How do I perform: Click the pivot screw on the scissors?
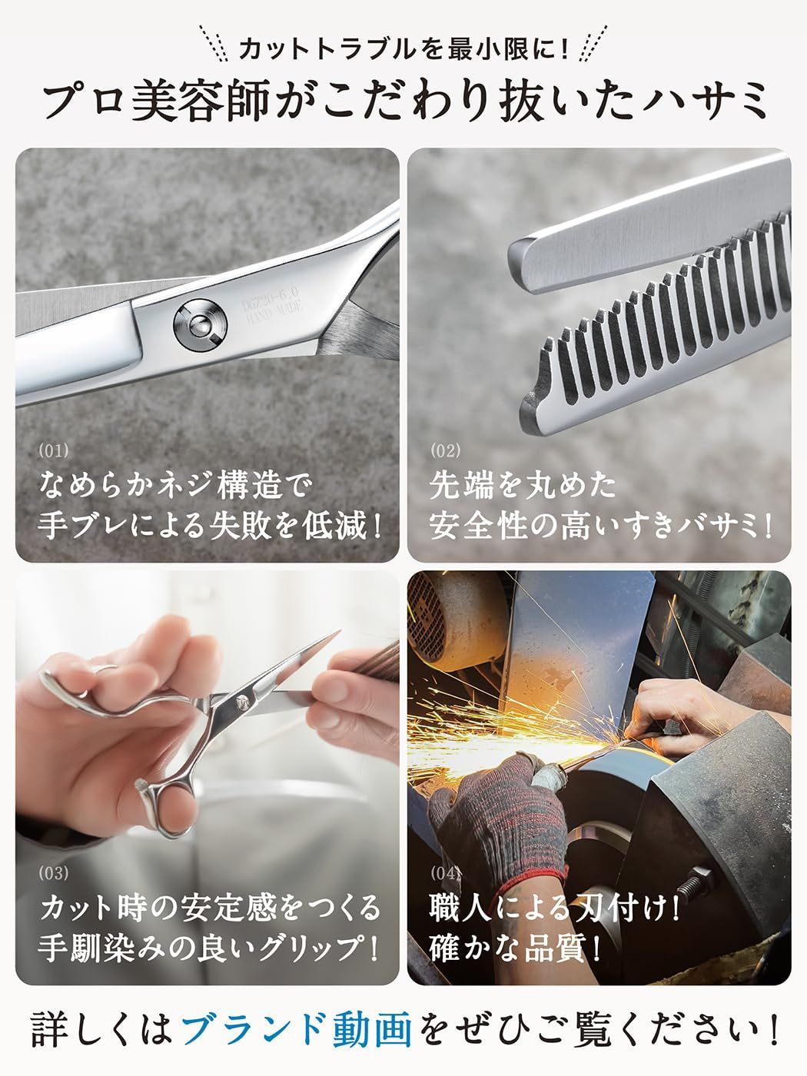click(x=198, y=323)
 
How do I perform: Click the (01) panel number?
click(x=53, y=451)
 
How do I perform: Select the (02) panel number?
click(x=445, y=451)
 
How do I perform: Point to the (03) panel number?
click(x=53, y=873)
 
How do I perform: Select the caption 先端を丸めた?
click(x=523, y=485)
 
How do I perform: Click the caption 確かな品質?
click(x=515, y=946)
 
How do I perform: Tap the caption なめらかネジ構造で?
click(x=177, y=485)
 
